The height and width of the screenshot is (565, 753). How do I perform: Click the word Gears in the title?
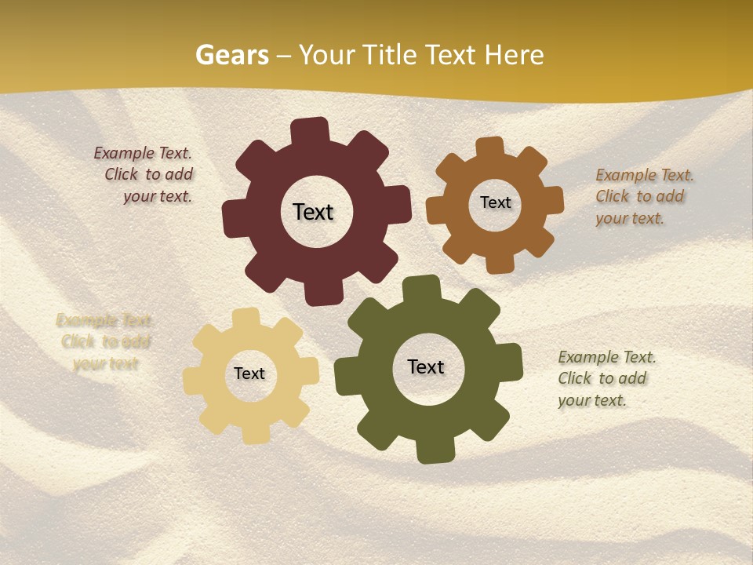(231, 55)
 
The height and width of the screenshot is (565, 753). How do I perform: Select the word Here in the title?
(514, 55)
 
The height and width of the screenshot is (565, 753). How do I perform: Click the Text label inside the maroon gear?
(313, 212)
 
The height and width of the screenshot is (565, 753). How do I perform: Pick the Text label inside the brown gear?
(495, 202)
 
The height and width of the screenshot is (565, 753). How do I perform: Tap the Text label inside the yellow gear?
(249, 374)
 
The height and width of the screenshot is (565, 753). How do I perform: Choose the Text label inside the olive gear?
(426, 367)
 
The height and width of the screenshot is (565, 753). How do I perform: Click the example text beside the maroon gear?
(145, 175)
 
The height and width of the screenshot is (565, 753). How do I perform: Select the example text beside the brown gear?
(643, 196)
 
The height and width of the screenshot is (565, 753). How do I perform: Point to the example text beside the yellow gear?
(104, 341)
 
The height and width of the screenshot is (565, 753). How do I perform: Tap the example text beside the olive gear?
(606, 378)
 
